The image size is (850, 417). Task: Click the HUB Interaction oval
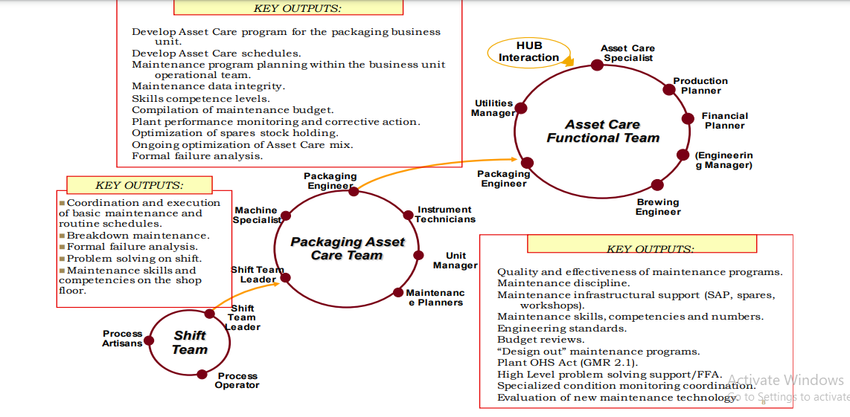click(528, 52)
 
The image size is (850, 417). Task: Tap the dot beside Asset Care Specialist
click(597, 65)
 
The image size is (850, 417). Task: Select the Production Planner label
click(700, 86)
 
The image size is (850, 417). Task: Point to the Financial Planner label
click(724, 121)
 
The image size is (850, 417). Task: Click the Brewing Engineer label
click(658, 207)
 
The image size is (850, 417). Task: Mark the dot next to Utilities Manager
click(521, 109)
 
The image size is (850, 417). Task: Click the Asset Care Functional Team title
click(603, 132)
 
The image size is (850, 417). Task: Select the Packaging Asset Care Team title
click(347, 249)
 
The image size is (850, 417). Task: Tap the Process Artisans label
click(122, 339)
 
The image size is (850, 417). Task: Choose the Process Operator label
click(237, 381)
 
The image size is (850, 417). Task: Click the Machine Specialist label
click(257, 216)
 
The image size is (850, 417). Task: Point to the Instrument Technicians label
click(445, 215)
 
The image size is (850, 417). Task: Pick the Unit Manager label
click(456, 261)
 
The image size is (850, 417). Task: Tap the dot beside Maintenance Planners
click(399, 292)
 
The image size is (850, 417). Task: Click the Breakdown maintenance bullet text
click(138, 236)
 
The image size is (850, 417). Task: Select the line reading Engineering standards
click(562, 329)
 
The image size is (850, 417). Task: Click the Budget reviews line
click(541, 340)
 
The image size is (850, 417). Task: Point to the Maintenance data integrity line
click(208, 87)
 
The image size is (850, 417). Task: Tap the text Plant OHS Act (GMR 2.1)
click(567, 363)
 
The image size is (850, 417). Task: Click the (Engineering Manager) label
click(723, 161)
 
